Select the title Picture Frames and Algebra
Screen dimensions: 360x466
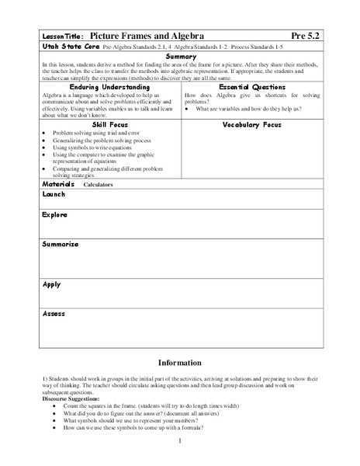(x=140, y=37)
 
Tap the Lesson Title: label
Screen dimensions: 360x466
(x=61, y=37)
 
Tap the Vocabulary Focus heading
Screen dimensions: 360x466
(x=251, y=124)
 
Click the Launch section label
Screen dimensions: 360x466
(x=54, y=195)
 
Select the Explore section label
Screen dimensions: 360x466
(x=55, y=214)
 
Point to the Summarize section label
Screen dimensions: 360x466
(x=60, y=244)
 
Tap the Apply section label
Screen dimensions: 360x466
(x=51, y=284)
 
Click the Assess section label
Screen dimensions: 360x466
(x=54, y=313)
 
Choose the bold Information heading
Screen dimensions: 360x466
(x=180, y=363)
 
